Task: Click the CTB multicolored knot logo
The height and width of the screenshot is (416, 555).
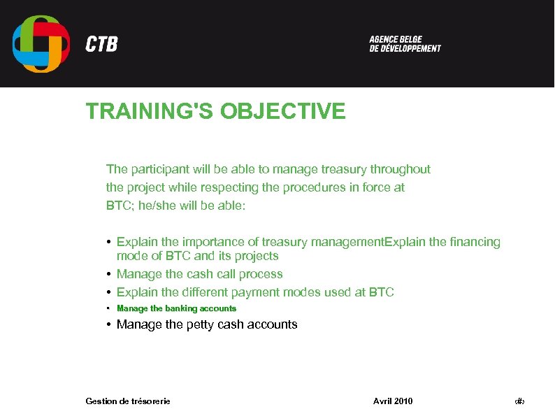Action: [x=41, y=43]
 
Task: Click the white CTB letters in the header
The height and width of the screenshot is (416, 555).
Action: [x=101, y=45]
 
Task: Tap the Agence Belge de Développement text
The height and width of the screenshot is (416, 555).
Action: [x=405, y=44]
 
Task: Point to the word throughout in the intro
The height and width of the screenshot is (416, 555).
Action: [x=400, y=169]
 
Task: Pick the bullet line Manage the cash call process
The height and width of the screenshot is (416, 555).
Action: [x=199, y=274]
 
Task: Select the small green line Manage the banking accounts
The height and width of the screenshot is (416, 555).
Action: [x=176, y=308]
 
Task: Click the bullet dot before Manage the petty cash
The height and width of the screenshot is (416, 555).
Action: [x=110, y=324]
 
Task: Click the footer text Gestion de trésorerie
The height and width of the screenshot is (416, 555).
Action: [x=127, y=401]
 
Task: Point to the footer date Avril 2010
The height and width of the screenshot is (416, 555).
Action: [x=393, y=401]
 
